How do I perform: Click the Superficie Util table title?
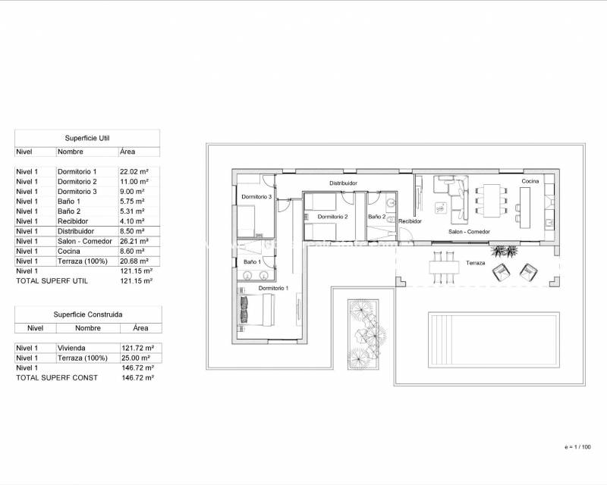click(x=88, y=137)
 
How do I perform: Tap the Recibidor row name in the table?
click(x=74, y=221)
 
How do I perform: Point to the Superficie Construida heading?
click(x=88, y=314)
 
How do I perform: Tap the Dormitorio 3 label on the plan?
click(x=256, y=197)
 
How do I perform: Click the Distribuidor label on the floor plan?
click(x=343, y=183)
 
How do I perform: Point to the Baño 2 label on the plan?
click(x=377, y=217)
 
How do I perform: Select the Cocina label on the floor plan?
click(x=530, y=182)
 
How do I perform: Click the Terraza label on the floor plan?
click(x=476, y=263)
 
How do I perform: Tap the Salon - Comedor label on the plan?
click(x=469, y=231)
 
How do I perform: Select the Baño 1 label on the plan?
click(x=253, y=261)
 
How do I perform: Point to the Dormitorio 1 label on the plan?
click(x=272, y=288)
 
